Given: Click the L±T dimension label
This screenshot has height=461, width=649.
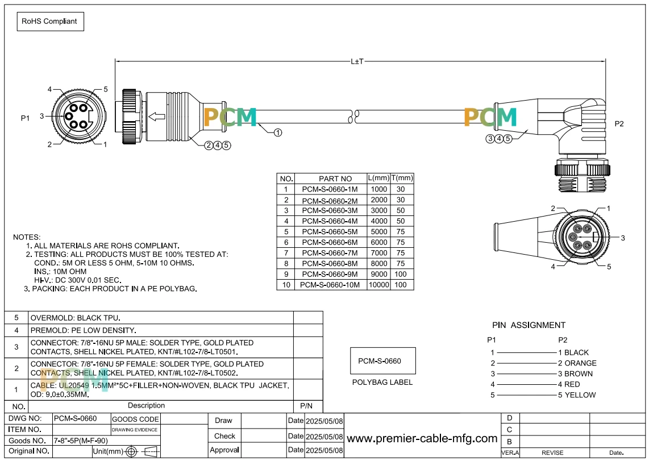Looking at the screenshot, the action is [x=357, y=61].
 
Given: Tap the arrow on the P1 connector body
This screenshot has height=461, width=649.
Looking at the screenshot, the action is [x=157, y=117].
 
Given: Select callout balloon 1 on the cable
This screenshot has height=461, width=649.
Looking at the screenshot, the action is [x=278, y=132].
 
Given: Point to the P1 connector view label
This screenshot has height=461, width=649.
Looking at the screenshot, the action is [x=25, y=118].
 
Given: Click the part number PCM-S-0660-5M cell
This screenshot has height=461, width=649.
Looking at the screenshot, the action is [x=330, y=232].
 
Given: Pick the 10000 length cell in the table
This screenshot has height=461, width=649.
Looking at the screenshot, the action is [x=378, y=285].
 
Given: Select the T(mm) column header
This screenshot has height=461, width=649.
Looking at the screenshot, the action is [x=402, y=178].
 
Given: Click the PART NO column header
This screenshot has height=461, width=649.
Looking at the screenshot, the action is [x=335, y=178].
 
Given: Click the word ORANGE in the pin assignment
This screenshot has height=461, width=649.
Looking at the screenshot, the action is [x=580, y=363].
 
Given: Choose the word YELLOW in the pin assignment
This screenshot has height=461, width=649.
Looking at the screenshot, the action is [x=580, y=395].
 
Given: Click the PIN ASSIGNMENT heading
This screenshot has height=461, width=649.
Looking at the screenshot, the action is [x=529, y=325].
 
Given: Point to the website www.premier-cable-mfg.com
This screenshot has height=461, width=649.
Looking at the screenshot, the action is [x=422, y=439].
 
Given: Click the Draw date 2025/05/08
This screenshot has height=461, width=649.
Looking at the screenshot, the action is [x=324, y=421].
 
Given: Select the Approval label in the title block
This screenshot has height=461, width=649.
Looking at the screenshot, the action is [x=224, y=450].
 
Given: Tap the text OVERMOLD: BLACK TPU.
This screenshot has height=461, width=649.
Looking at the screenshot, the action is [x=76, y=318].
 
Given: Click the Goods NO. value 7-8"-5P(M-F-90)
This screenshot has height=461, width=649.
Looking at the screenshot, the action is [x=81, y=441].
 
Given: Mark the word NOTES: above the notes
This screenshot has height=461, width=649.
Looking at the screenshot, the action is [x=27, y=237].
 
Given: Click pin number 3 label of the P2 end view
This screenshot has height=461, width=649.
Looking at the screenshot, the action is [x=622, y=238].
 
